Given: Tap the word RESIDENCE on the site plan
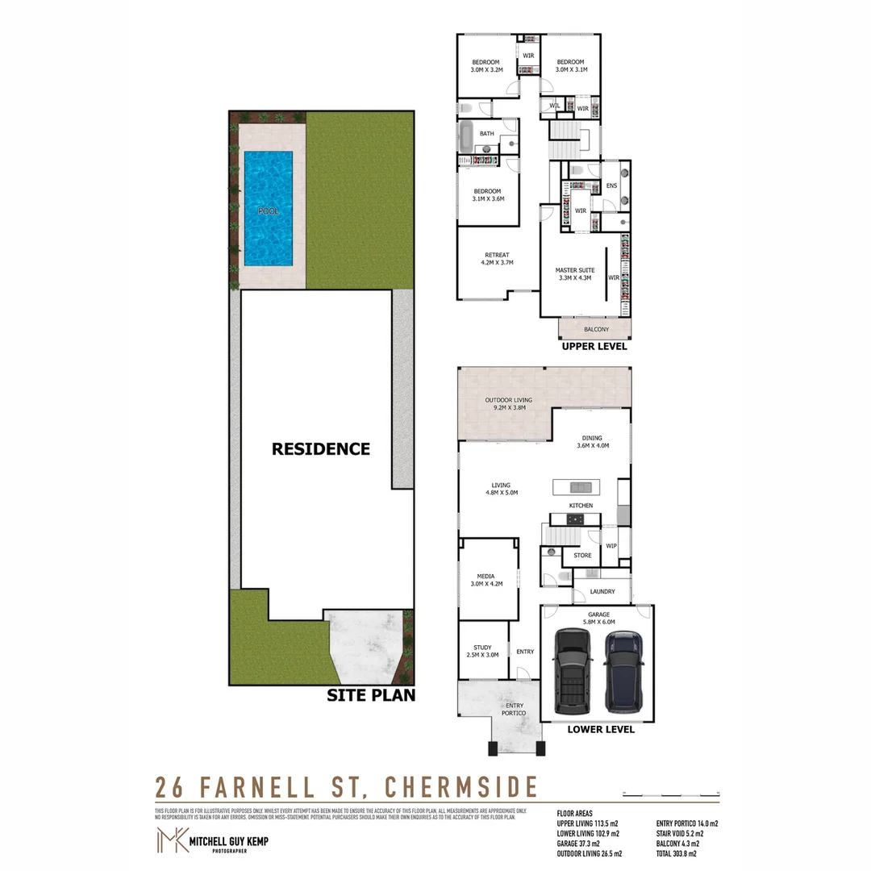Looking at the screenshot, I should (x=320, y=449).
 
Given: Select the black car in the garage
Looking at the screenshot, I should (x=573, y=672).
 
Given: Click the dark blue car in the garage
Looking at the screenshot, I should (x=623, y=672).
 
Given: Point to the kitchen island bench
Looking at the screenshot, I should (x=578, y=487).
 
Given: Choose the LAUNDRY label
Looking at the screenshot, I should (x=602, y=592).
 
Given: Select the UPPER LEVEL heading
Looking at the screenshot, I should (x=594, y=346).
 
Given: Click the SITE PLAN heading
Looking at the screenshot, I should (x=370, y=694).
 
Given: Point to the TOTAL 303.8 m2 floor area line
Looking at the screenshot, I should (x=677, y=853).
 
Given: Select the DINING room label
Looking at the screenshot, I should (x=591, y=441).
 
